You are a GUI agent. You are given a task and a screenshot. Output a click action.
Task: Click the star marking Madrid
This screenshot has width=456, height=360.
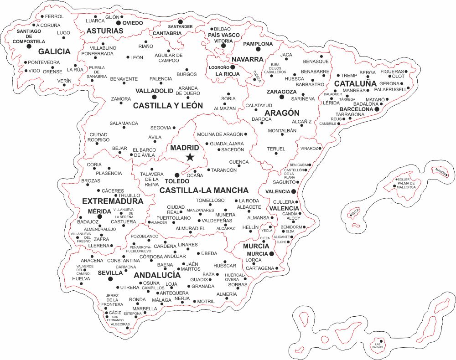pyautogui.click(x=190, y=157)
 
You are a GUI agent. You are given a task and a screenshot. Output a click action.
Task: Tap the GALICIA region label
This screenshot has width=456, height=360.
pyautogui.click(x=54, y=51)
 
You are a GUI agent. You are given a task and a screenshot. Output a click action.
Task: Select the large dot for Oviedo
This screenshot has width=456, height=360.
pyautogui.click(x=119, y=22)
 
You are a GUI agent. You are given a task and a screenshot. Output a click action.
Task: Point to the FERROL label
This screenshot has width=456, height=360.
pyautogui.click(x=55, y=16)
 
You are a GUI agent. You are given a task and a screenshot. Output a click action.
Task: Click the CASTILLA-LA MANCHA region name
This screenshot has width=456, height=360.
pyautogui.click(x=204, y=190)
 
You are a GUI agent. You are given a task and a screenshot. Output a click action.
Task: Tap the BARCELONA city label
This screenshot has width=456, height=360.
pyautogui.click(x=357, y=109)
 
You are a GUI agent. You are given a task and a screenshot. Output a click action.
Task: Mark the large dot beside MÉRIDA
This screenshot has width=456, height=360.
pyautogui.click(x=100, y=216)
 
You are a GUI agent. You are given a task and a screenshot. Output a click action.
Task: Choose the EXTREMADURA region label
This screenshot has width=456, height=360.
pyautogui.click(x=113, y=201)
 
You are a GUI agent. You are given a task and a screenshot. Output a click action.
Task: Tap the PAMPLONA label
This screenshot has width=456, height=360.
pyautogui.click(x=258, y=44)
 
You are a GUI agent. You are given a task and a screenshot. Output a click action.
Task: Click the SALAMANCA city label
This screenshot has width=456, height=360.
pyautogui.click(x=124, y=123)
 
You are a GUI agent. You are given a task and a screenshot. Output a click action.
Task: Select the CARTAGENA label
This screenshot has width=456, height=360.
pyautogui.click(x=259, y=268)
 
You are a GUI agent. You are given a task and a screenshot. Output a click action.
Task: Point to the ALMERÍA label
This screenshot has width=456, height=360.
pyautogui.click(x=227, y=294)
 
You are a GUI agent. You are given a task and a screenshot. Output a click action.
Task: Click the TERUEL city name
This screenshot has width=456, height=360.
pyautogui.click(x=276, y=149)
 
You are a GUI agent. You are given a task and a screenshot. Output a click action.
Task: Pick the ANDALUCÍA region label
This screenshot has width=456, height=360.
pyautogui.click(x=157, y=275)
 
